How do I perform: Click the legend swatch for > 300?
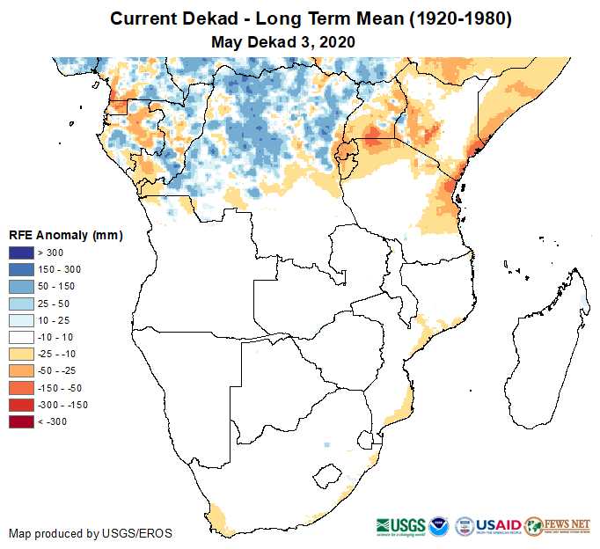tap(21, 253)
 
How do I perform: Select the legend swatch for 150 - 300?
tap(21, 270)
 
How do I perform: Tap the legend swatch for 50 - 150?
tap(21, 287)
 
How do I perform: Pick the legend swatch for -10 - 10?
tap(21, 337)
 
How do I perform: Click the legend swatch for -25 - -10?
tap(21, 354)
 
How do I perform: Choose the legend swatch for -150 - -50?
tap(21, 388)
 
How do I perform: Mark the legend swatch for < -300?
tap(21, 421)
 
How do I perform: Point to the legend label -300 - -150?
tap(63, 405)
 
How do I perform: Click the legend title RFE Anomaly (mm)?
tap(65, 236)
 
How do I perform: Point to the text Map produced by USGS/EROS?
tap(91, 533)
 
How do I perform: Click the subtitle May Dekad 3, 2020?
tap(283, 41)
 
